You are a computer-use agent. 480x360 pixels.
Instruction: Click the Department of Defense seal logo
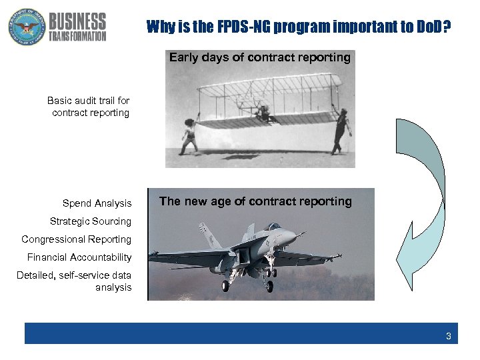coord(26,27)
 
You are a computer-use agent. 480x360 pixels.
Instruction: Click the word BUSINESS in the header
coord(77,21)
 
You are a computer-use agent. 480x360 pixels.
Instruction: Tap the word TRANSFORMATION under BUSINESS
coord(77,36)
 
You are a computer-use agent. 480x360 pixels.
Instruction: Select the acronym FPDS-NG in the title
coord(239,27)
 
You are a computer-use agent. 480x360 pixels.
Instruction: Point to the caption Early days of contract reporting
coord(259,57)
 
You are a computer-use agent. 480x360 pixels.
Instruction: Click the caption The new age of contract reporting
coord(255,201)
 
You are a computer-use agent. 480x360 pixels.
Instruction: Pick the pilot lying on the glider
coord(265,115)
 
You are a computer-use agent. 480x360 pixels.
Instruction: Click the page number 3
coord(448,336)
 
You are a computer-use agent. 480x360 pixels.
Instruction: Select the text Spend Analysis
coord(97,203)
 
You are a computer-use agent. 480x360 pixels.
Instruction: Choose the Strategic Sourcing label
coord(91,221)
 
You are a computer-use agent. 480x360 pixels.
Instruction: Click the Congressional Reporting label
coord(76,239)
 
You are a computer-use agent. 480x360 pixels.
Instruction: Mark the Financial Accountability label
coord(79,257)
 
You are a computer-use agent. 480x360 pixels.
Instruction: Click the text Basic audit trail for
coord(88,101)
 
